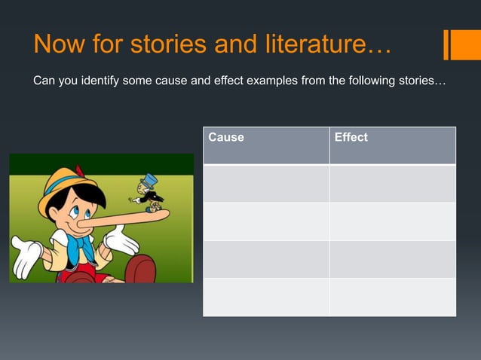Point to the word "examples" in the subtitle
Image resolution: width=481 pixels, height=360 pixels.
[x=269, y=81]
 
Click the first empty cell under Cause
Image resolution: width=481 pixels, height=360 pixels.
[x=266, y=183]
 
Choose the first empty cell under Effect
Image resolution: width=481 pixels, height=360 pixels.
[x=392, y=183]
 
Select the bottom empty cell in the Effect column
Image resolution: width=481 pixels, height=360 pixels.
[x=392, y=297]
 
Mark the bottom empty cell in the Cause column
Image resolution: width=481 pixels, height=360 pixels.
[x=266, y=297]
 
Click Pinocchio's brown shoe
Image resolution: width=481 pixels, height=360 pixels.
[x=139, y=270]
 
